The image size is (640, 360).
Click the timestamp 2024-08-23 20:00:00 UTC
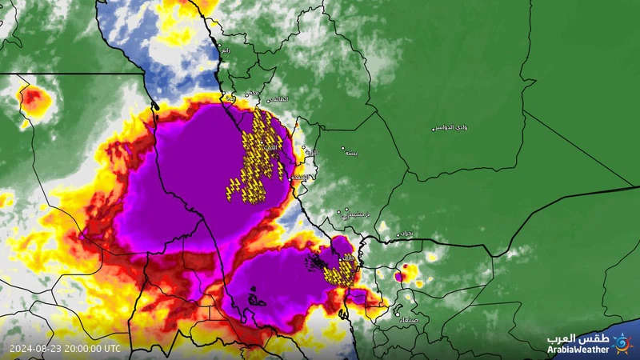65,349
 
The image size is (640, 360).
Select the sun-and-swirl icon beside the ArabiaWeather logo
622,342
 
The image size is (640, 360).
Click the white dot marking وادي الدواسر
434,129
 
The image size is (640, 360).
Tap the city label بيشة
350,151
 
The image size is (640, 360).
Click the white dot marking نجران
397,235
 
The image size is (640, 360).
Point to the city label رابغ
226,50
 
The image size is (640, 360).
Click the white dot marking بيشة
342,148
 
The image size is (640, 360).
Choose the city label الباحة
313,152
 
